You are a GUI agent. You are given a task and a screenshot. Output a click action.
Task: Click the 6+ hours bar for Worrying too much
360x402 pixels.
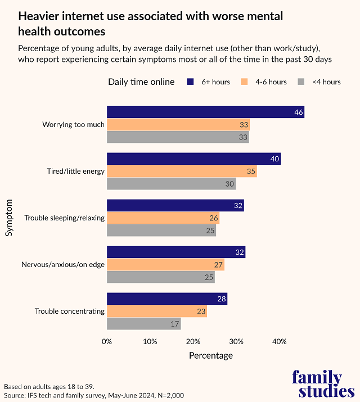click(x=205, y=112)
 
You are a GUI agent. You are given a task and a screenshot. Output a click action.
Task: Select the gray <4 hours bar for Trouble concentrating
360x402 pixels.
click(x=143, y=323)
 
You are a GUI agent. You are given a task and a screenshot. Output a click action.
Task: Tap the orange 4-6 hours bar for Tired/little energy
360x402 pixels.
click(x=182, y=171)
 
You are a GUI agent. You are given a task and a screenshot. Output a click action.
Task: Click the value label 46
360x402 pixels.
click(x=299, y=113)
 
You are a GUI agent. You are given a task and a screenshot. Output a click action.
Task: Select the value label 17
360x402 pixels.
click(x=175, y=323)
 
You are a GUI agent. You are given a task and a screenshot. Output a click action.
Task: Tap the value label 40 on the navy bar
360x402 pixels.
click(x=275, y=159)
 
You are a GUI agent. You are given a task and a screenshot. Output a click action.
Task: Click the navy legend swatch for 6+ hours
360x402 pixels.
click(x=190, y=82)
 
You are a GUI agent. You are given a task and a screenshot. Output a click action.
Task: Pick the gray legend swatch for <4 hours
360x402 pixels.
click(x=301, y=82)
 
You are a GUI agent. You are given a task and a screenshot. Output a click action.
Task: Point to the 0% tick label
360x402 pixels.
click(x=107, y=341)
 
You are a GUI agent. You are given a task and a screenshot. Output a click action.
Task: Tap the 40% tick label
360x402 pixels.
click(x=279, y=341)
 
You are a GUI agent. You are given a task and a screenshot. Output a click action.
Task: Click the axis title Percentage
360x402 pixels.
click(x=210, y=355)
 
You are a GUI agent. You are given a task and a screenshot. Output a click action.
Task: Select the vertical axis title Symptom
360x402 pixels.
click(x=10, y=217)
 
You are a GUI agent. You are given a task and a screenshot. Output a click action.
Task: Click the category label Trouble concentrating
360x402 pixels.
click(x=70, y=311)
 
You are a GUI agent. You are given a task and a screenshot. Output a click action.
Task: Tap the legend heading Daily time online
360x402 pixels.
click(x=141, y=82)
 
